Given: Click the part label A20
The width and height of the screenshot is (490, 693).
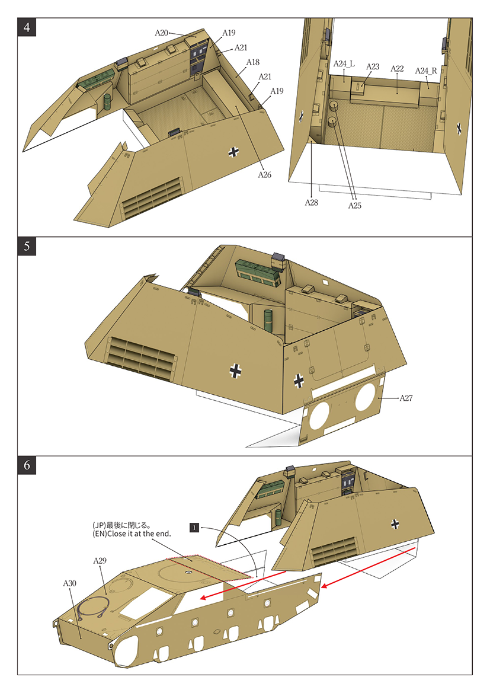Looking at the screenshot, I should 162,33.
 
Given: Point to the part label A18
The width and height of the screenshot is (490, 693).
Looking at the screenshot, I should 253,62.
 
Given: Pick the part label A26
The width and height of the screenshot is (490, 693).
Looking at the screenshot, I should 264,175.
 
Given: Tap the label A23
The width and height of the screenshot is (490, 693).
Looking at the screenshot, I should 372,67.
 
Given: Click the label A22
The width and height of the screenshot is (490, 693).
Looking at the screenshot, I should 397,69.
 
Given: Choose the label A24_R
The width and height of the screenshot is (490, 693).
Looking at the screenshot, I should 426,71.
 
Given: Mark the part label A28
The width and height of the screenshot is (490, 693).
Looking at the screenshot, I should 312,203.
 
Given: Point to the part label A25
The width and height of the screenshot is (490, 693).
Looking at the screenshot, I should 354,206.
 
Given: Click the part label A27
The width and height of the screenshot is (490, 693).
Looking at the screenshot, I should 406,398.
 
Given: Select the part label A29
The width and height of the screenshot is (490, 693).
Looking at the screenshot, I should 100,560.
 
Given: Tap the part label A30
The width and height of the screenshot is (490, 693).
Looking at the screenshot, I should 70,583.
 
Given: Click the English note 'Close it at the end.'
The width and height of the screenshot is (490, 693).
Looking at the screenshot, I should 132,534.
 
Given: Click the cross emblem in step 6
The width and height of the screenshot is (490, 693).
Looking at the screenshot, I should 395,523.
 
